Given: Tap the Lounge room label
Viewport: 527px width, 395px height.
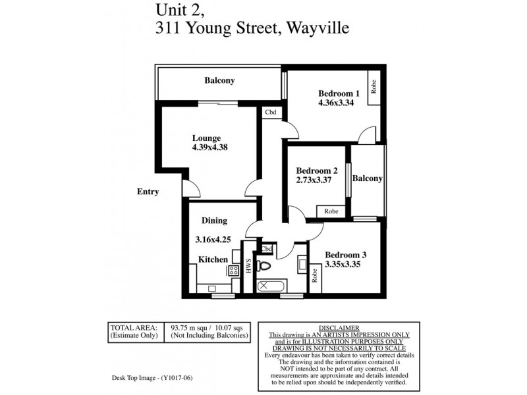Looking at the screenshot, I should [206, 138].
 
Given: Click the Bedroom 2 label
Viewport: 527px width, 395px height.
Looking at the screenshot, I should [317, 171].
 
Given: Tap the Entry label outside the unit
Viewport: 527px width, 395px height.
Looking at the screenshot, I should [148, 192].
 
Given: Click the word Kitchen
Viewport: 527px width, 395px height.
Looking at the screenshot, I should [213, 259].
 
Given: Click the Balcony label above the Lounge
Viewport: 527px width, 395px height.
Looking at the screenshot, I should [219, 80].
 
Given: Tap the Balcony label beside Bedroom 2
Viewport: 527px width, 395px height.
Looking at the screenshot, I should [368, 178].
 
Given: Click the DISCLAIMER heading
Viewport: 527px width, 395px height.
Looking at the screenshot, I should [339, 327].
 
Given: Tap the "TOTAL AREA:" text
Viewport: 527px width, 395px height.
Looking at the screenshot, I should [134, 327].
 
